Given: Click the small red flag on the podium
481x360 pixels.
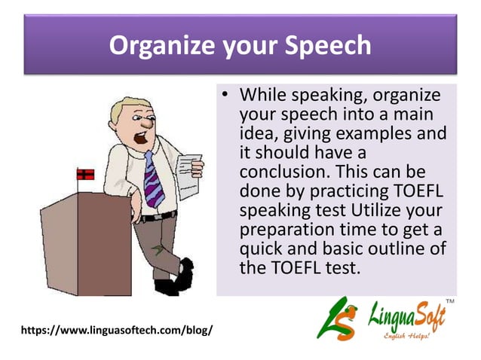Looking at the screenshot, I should pos(85,174).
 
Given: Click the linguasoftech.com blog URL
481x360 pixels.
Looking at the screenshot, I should pos(117,330).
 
